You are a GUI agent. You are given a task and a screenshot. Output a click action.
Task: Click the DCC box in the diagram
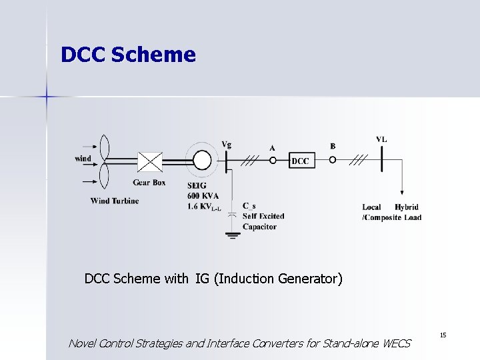300,160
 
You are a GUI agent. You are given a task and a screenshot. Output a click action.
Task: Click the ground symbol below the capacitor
232,233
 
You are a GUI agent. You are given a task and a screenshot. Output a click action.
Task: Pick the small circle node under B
333,160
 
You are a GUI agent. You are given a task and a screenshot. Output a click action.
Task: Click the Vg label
227,143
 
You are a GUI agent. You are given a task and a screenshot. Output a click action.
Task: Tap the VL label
381,139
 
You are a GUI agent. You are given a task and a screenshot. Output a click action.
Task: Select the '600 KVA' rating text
203,196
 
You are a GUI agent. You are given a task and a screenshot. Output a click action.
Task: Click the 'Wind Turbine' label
115,201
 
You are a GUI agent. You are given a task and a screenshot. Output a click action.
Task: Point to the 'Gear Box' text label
149,183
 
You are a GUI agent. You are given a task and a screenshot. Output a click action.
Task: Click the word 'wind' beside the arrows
83,159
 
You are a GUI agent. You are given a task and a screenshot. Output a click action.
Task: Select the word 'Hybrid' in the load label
407,207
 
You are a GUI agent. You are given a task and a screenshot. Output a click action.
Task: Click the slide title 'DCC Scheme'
128,55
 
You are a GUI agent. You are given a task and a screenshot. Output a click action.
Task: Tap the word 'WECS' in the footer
397,344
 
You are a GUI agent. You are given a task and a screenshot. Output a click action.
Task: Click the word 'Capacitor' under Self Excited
260,227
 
